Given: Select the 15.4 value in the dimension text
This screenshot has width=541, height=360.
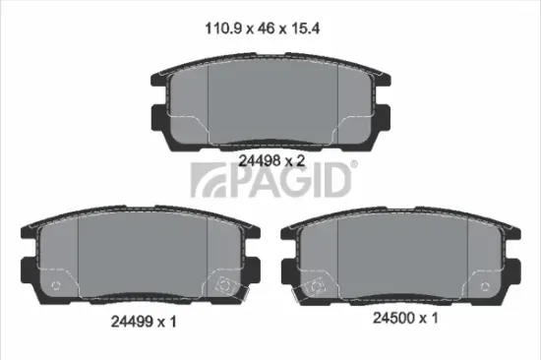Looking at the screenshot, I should pyautogui.click(x=311, y=30).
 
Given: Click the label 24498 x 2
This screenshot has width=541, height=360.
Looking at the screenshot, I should pyautogui.click(x=269, y=156).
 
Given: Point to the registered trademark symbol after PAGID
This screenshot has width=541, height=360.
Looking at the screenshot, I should pyautogui.click(x=355, y=167).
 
